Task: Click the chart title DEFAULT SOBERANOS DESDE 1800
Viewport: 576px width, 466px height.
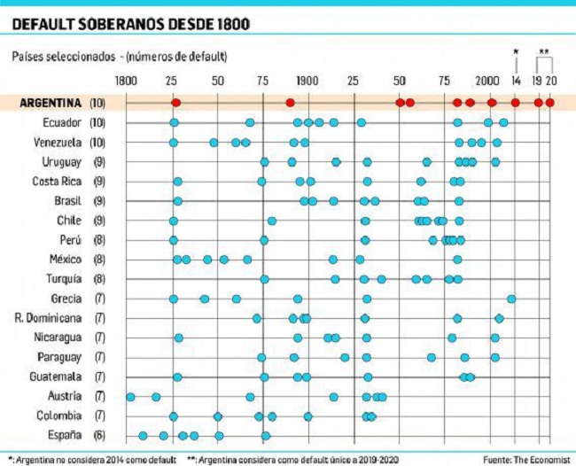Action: [x=131, y=24]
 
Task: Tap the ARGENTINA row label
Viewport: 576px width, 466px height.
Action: [x=51, y=103]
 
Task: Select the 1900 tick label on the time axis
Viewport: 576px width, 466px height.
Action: [x=307, y=81]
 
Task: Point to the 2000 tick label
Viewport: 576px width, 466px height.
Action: [x=487, y=81]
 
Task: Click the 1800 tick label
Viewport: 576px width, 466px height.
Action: [x=127, y=81]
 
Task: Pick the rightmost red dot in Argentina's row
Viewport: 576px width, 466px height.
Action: [x=549, y=103]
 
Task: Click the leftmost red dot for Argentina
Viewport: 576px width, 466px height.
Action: [x=176, y=103]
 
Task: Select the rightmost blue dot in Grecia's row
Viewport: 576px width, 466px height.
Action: [x=511, y=299]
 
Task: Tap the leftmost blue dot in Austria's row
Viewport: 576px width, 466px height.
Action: [x=130, y=397]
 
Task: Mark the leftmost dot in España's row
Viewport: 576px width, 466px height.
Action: [x=143, y=436]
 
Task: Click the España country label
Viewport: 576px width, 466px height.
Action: [x=65, y=435]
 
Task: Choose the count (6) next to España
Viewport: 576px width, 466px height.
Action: [x=99, y=436]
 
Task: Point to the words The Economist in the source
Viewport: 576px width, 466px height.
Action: [x=541, y=460]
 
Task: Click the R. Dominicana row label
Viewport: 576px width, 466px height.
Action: [x=48, y=318]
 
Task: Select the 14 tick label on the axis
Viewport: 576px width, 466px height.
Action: [x=516, y=81]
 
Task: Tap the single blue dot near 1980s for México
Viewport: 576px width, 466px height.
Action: [x=457, y=260]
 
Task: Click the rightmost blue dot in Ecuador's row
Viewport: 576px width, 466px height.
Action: [x=503, y=122]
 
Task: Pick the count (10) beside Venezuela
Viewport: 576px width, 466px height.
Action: [x=97, y=142]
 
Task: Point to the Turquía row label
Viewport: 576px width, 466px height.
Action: [x=64, y=279]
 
